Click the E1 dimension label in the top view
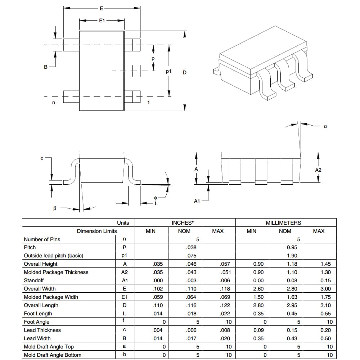[x=102, y=21]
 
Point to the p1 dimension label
[x=168, y=71]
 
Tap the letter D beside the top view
[x=185, y=73]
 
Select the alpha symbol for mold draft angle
[x=325, y=126]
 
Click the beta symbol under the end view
[x=55, y=208]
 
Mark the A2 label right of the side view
[x=318, y=170]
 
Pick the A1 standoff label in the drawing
[x=197, y=201]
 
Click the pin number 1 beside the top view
[x=149, y=102]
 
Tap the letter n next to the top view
[x=54, y=103]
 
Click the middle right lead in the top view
[x=132, y=71]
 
